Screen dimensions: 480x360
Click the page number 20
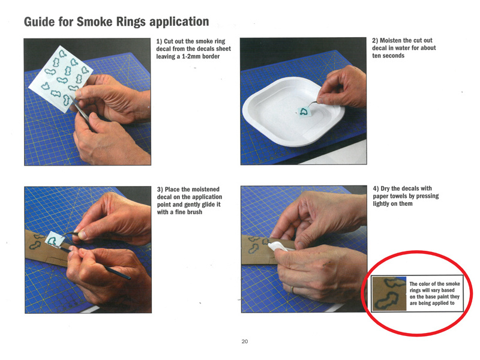[245, 341]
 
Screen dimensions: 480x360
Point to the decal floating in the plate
[305, 112]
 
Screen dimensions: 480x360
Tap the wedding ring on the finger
[292, 289]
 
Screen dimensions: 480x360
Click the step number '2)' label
[375, 40]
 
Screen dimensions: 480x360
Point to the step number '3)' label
[160, 190]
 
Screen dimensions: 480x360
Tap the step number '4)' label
[376, 188]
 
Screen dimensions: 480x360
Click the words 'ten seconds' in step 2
[388, 56]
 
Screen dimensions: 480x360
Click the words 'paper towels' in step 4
[391, 196]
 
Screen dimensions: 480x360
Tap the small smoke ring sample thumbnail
[389, 293]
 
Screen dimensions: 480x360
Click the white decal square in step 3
[55, 239]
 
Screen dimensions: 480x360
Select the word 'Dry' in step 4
[385, 188]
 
